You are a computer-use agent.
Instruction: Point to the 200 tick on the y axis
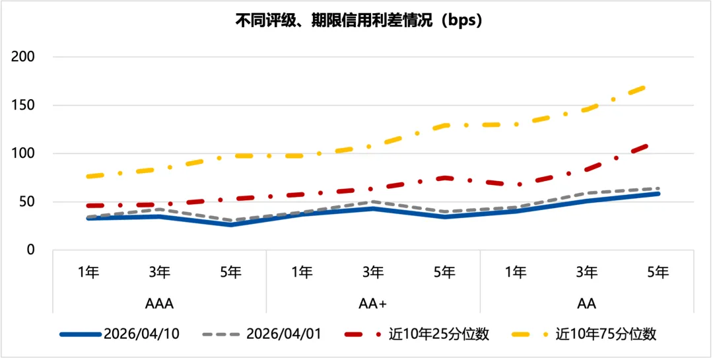[23, 57]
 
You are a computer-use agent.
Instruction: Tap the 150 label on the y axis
[23, 105]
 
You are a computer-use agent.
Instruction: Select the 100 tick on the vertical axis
[23, 153]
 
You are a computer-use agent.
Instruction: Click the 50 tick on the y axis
[27, 201]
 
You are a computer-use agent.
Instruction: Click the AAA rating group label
[159, 304]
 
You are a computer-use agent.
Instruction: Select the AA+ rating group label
[373, 304]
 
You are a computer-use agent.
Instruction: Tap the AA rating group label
[586, 304]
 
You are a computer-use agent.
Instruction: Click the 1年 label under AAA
[88, 271]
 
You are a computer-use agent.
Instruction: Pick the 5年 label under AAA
[230, 271]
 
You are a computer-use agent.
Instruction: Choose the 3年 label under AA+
[373, 271]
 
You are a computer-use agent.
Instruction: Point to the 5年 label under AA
[658, 271]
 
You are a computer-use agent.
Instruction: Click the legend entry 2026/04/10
[141, 334]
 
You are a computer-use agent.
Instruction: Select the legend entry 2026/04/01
[283, 334]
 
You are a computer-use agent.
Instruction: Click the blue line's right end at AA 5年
[658, 194]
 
